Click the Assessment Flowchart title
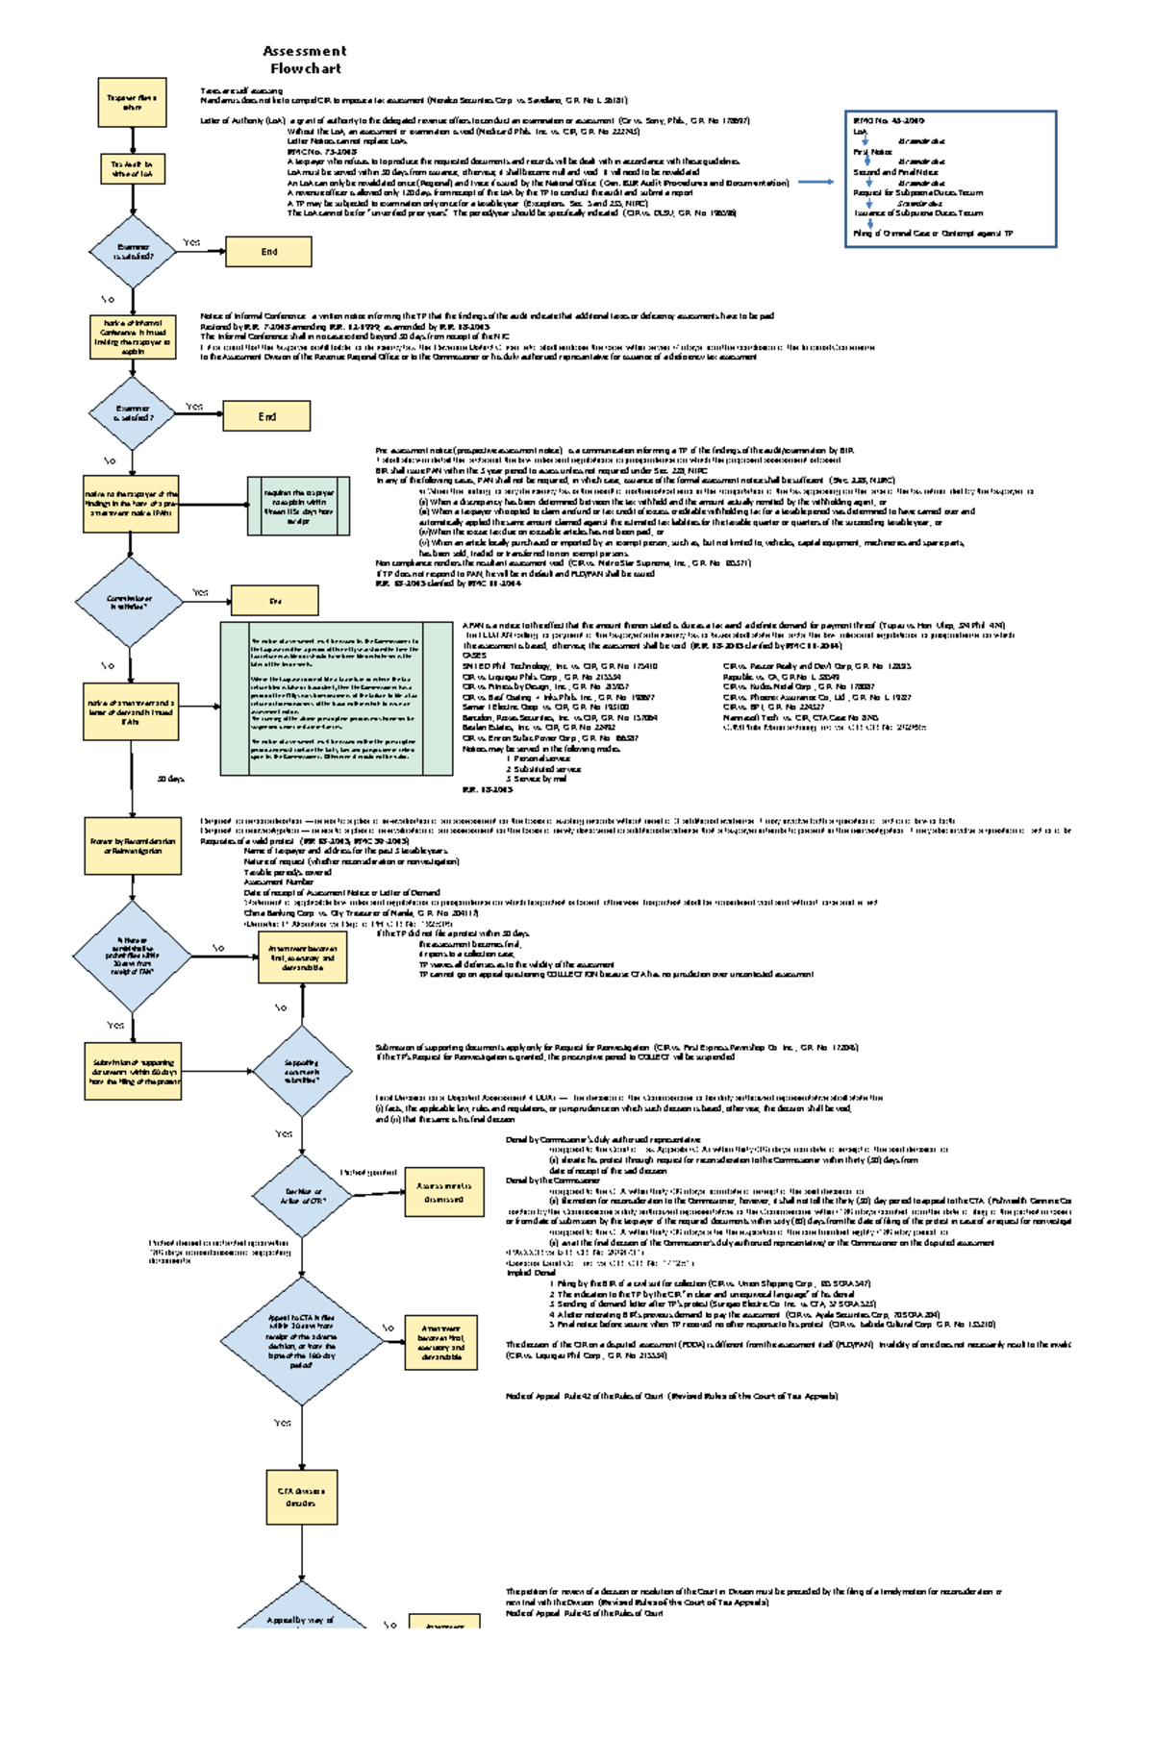[305, 60]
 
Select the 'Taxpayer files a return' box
[132, 103]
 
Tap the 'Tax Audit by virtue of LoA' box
[132, 169]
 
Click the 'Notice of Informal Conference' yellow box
[133, 337]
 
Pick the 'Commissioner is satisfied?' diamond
[129, 603]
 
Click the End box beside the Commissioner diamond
[274, 601]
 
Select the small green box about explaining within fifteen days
[298, 506]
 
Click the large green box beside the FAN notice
[337, 698]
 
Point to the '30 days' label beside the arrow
[171, 779]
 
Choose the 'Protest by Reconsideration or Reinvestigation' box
[133, 845]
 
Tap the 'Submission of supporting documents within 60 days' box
[134, 1071]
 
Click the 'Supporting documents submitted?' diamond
[301, 1071]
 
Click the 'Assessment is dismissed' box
[443, 1193]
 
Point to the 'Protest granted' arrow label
[368, 1173]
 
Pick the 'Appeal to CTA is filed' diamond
[302, 1341]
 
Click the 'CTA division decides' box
[301, 1497]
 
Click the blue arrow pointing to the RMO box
[816, 182]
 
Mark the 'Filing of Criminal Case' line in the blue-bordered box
[932, 234]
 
